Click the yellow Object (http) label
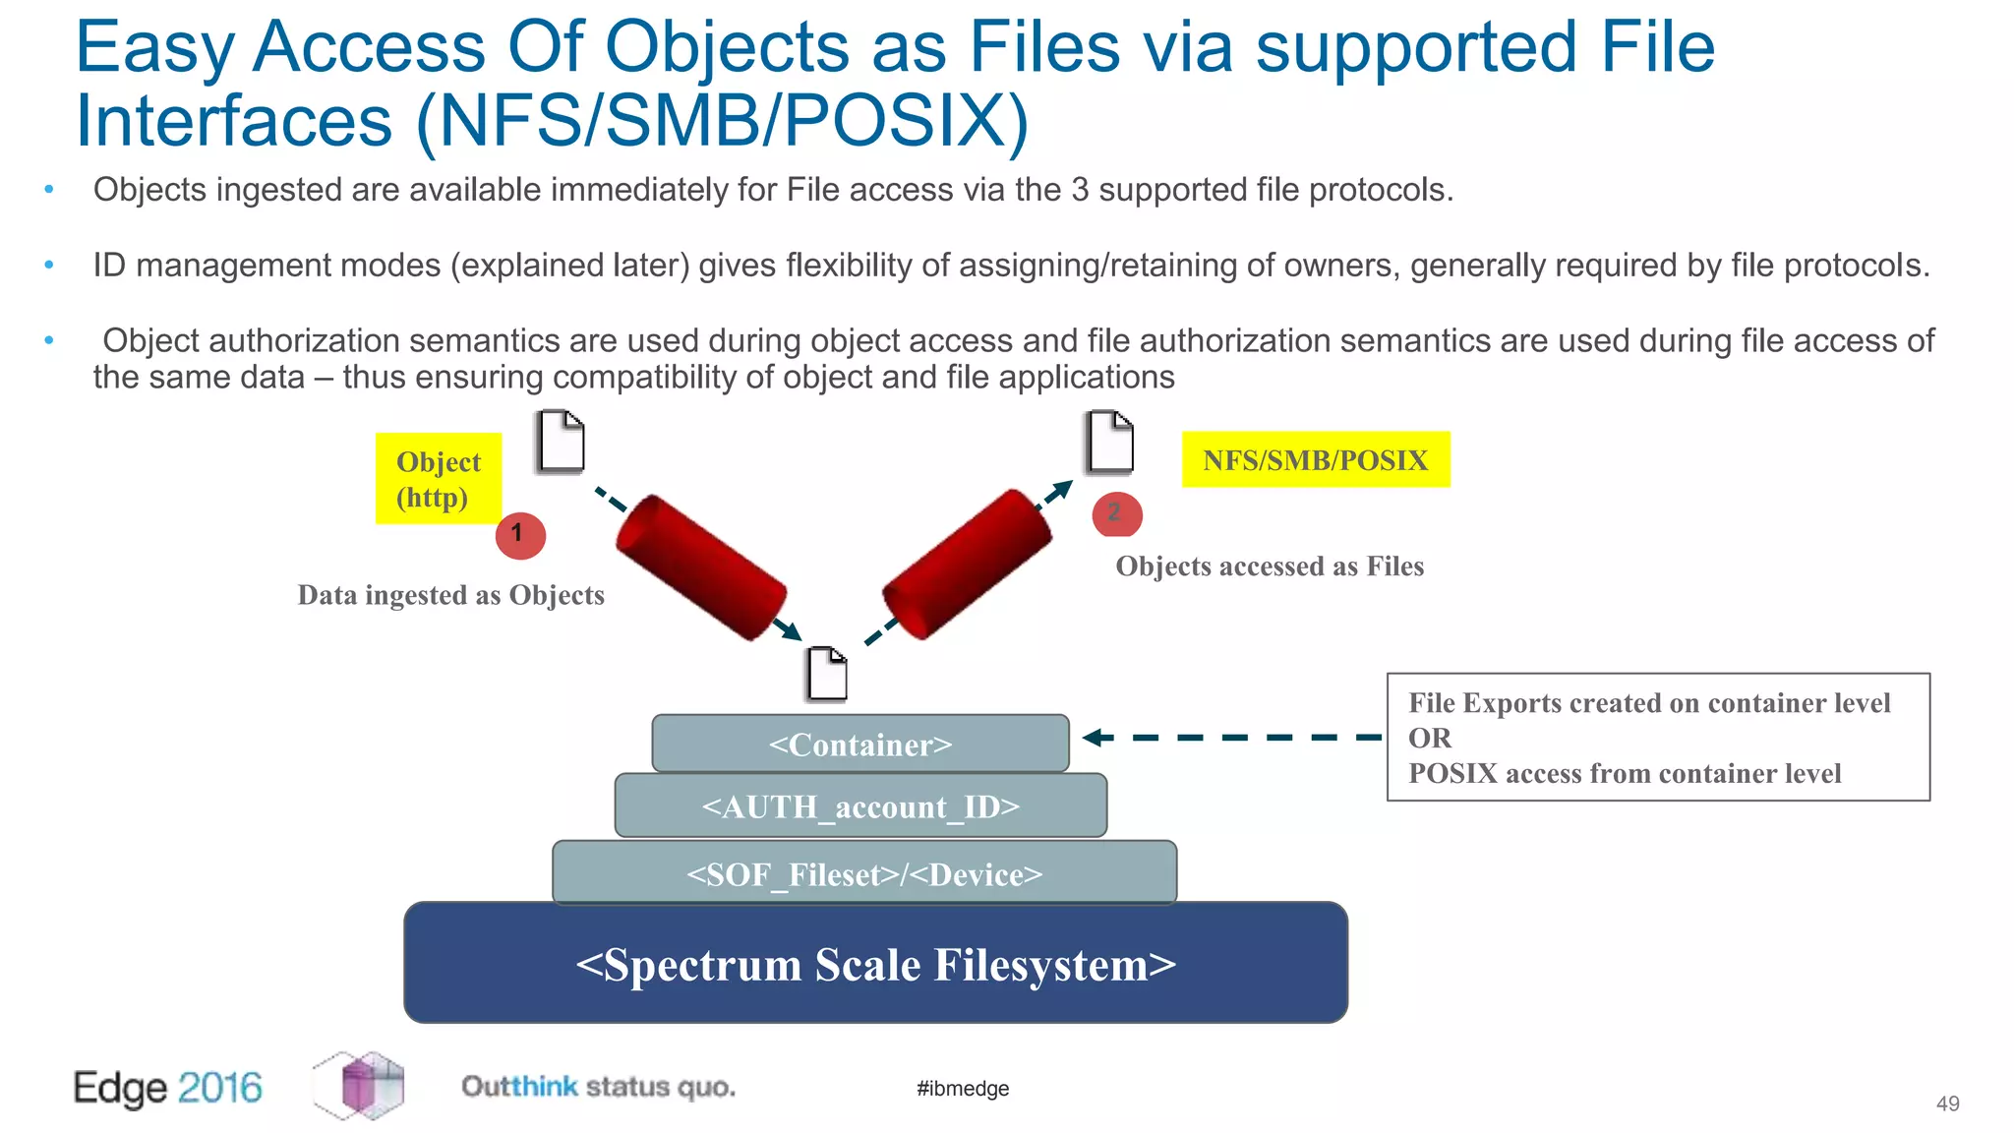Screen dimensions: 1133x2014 tap(439, 479)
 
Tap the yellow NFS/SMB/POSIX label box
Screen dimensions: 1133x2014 tap(1315, 459)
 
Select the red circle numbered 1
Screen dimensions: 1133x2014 tap(520, 536)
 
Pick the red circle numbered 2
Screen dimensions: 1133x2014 tap(1117, 514)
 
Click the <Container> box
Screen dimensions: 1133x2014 tap(860, 744)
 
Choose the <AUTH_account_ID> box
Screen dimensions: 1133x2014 tap(860, 805)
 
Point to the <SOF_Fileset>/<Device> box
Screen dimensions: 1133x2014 tap(864, 872)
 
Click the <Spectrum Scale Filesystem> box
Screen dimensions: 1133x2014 tap(875, 963)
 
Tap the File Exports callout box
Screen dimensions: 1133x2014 tap(1658, 738)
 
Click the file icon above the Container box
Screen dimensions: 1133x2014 tap(827, 674)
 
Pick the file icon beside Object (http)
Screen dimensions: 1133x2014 tap(562, 442)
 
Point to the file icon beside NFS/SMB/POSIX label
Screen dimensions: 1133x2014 tap(1110, 442)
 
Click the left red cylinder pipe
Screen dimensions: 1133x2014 tap(700, 568)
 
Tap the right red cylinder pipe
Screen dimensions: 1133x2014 tap(967, 565)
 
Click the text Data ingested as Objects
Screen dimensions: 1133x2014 tap(450, 595)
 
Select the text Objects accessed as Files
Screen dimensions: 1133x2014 tap(1270, 566)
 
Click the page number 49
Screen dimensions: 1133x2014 tap(1947, 1103)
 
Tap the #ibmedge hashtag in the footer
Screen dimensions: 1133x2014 tap(963, 1088)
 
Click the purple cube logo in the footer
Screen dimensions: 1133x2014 tap(361, 1085)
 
